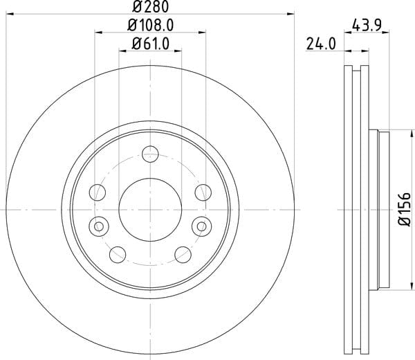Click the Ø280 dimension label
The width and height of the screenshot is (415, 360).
(150, 7)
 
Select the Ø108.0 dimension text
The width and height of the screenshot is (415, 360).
(150, 26)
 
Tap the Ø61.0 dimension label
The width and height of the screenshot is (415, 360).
(150, 44)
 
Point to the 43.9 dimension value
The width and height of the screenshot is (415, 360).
(367, 26)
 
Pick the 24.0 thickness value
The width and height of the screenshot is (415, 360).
(321, 44)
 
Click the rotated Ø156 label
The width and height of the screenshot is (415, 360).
(405, 209)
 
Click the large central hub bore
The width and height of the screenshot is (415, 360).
(150, 210)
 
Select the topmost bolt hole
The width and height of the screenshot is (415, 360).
(150, 154)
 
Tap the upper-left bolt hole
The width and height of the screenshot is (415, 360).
(98, 192)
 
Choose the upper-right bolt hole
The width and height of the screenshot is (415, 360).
(203, 192)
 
